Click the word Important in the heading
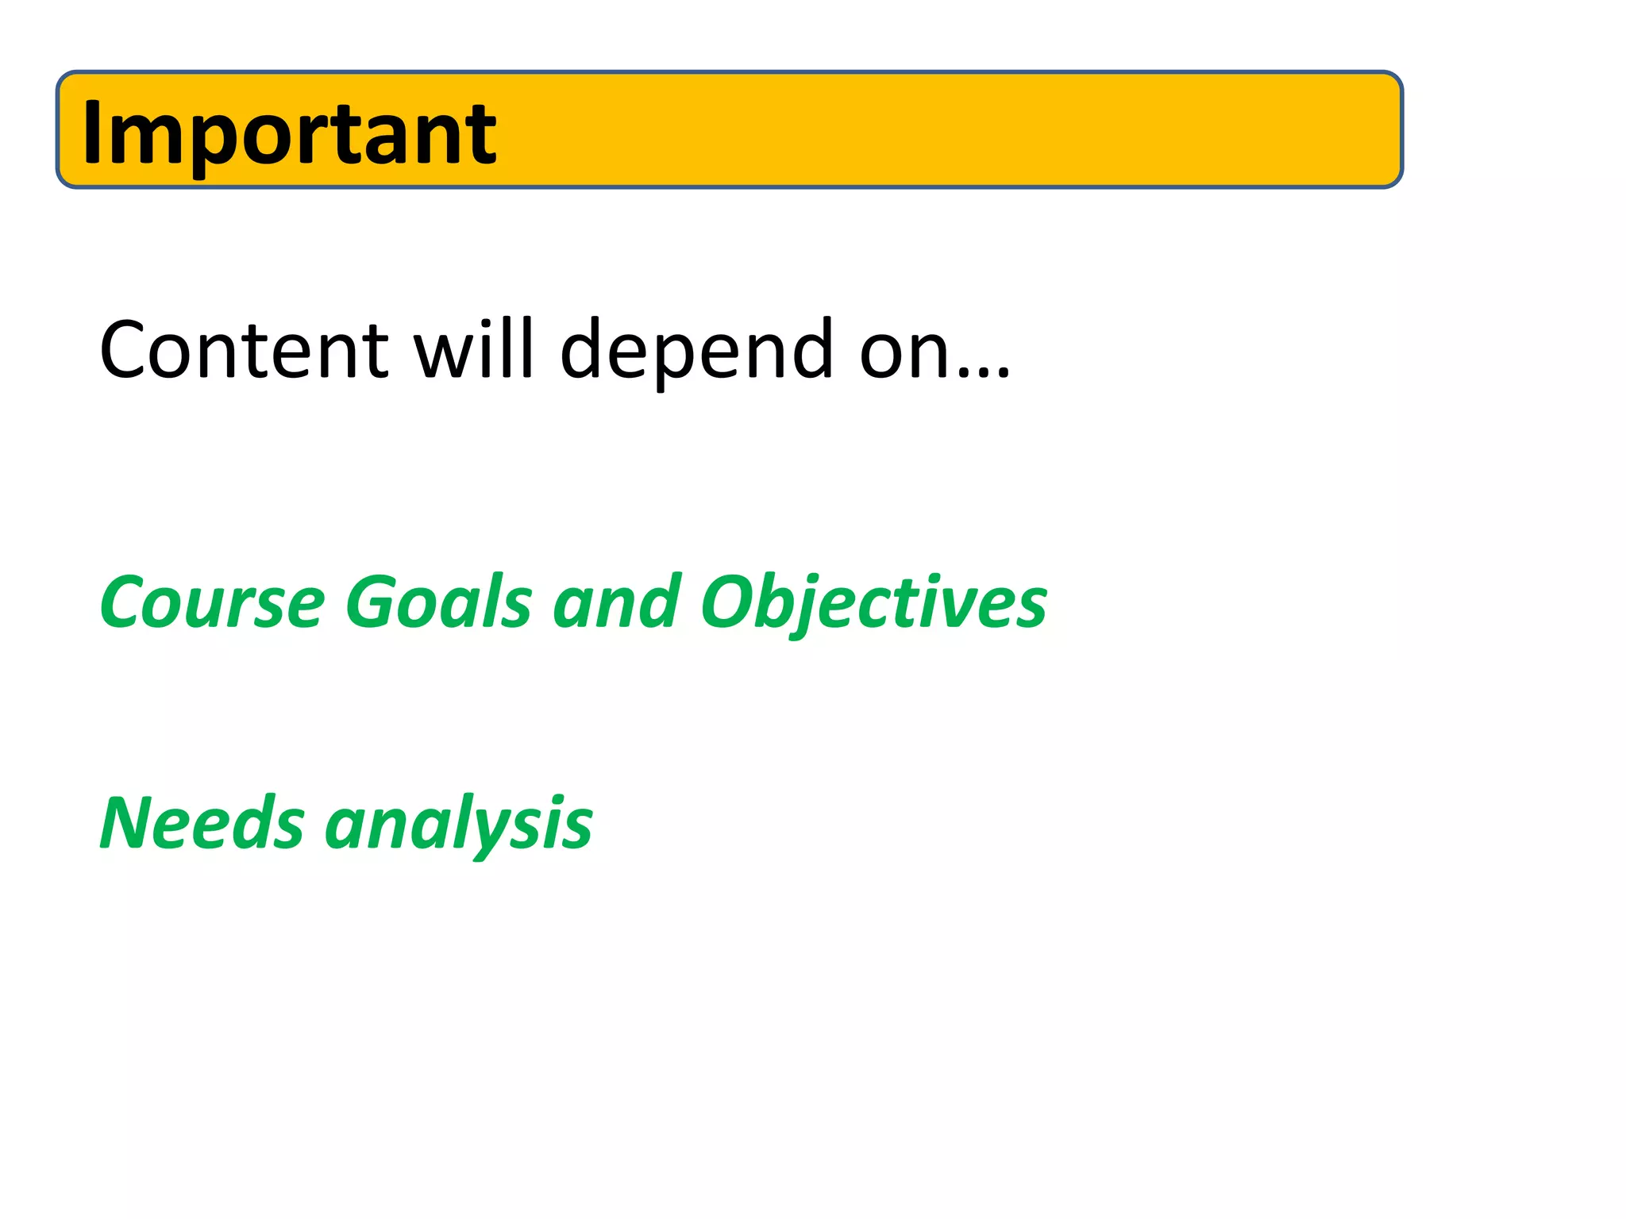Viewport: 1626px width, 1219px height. (289, 133)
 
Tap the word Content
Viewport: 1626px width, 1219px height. (243, 350)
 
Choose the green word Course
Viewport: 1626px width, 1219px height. (212, 602)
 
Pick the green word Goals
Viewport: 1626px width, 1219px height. (438, 602)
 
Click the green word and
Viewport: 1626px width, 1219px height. (617, 602)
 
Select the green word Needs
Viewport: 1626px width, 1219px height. (202, 824)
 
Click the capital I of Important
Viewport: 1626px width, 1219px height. (92, 133)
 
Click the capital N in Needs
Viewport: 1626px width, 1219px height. (127, 823)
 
